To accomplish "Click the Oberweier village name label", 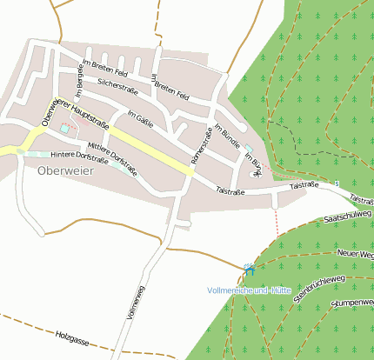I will [x=63, y=170].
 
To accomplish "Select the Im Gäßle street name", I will [x=140, y=120].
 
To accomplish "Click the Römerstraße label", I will [x=201, y=145].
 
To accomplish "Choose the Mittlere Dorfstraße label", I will [x=114, y=157].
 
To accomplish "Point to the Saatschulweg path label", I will [x=347, y=215].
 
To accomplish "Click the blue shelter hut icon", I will [x=250, y=270].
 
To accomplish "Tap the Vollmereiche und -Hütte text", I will [x=249, y=289].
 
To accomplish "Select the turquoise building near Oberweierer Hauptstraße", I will [x=65, y=130].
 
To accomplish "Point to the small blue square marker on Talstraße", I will [x=337, y=183].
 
